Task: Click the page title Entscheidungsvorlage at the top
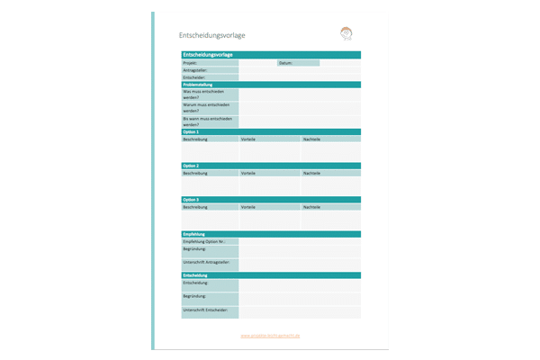[x=212, y=35]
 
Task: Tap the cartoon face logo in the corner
[x=346, y=34]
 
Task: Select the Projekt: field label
[x=190, y=63]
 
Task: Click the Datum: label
[x=286, y=63]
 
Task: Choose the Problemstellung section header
[x=199, y=85]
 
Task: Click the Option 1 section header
[x=191, y=132]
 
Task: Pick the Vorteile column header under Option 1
[x=247, y=139]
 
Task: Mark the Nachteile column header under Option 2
[x=311, y=173]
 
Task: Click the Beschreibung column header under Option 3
[x=195, y=207]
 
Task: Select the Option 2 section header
[x=191, y=166]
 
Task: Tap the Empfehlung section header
[x=195, y=234]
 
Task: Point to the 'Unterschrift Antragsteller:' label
[x=206, y=262]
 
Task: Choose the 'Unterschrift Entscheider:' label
[x=205, y=310]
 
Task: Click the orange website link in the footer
[x=271, y=336]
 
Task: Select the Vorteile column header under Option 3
[x=247, y=207]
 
